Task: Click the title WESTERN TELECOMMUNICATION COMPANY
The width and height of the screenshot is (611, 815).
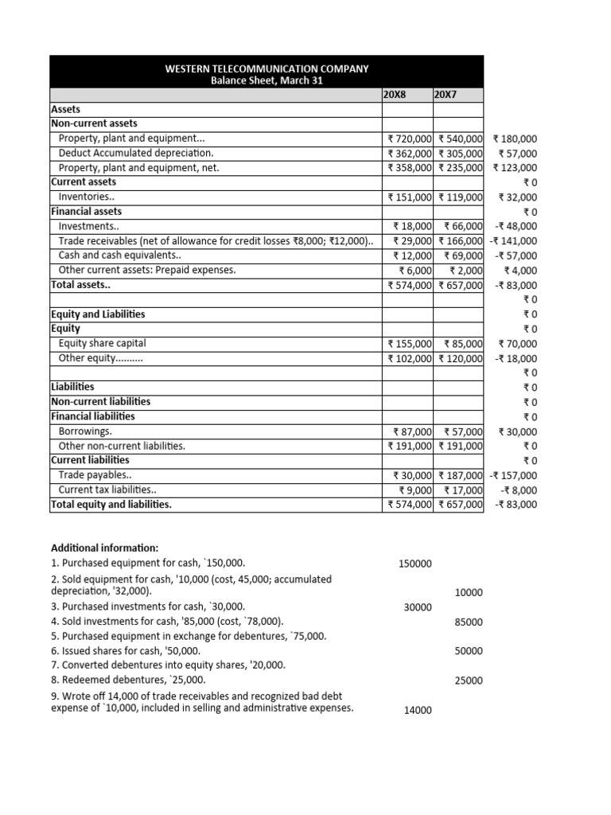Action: coord(267,68)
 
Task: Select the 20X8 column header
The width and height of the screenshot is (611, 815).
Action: coord(395,95)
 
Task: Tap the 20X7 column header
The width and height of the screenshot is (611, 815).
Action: coord(446,95)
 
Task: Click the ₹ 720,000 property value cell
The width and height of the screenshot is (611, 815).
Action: coord(410,138)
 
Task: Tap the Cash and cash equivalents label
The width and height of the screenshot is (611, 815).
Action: coord(119,255)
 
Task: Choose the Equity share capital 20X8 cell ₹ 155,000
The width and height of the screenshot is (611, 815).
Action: coord(410,344)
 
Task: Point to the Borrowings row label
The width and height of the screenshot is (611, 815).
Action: coord(85,431)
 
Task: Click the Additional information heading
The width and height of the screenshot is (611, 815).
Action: coord(104,548)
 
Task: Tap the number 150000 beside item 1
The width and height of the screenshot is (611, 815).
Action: coord(415,563)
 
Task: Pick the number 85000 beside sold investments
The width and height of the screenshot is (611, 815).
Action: coord(469,622)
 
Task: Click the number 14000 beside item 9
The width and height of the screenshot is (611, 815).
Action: coord(418,710)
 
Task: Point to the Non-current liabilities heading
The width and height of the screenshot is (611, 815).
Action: coord(100,401)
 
